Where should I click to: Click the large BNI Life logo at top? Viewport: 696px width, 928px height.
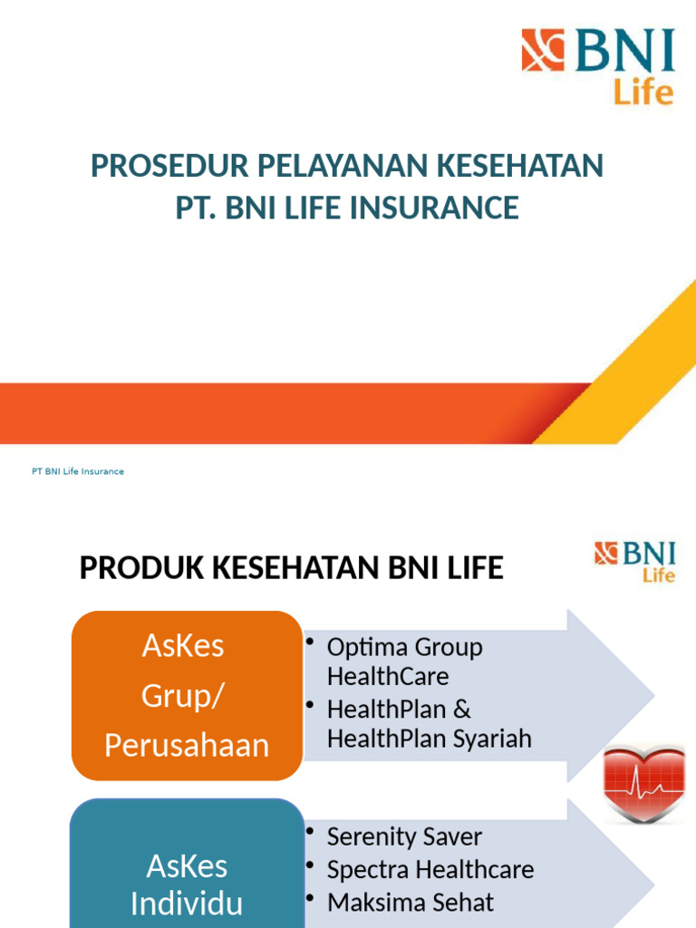[597, 65]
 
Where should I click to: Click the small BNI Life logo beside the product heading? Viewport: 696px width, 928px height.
[634, 561]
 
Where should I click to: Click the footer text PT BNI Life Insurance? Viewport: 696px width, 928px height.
[78, 471]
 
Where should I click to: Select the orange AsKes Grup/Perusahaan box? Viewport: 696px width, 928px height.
[187, 695]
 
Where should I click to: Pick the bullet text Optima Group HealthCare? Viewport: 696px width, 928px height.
[404, 662]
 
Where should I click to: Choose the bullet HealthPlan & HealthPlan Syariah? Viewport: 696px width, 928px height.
[429, 723]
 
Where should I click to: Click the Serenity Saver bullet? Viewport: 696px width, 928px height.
[404, 836]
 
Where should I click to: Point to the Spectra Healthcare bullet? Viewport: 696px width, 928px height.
[430, 870]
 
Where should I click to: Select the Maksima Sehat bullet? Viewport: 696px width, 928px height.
[410, 903]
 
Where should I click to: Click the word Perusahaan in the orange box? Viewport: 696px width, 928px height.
[187, 745]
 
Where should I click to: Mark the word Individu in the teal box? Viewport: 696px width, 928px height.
[187, 904]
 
